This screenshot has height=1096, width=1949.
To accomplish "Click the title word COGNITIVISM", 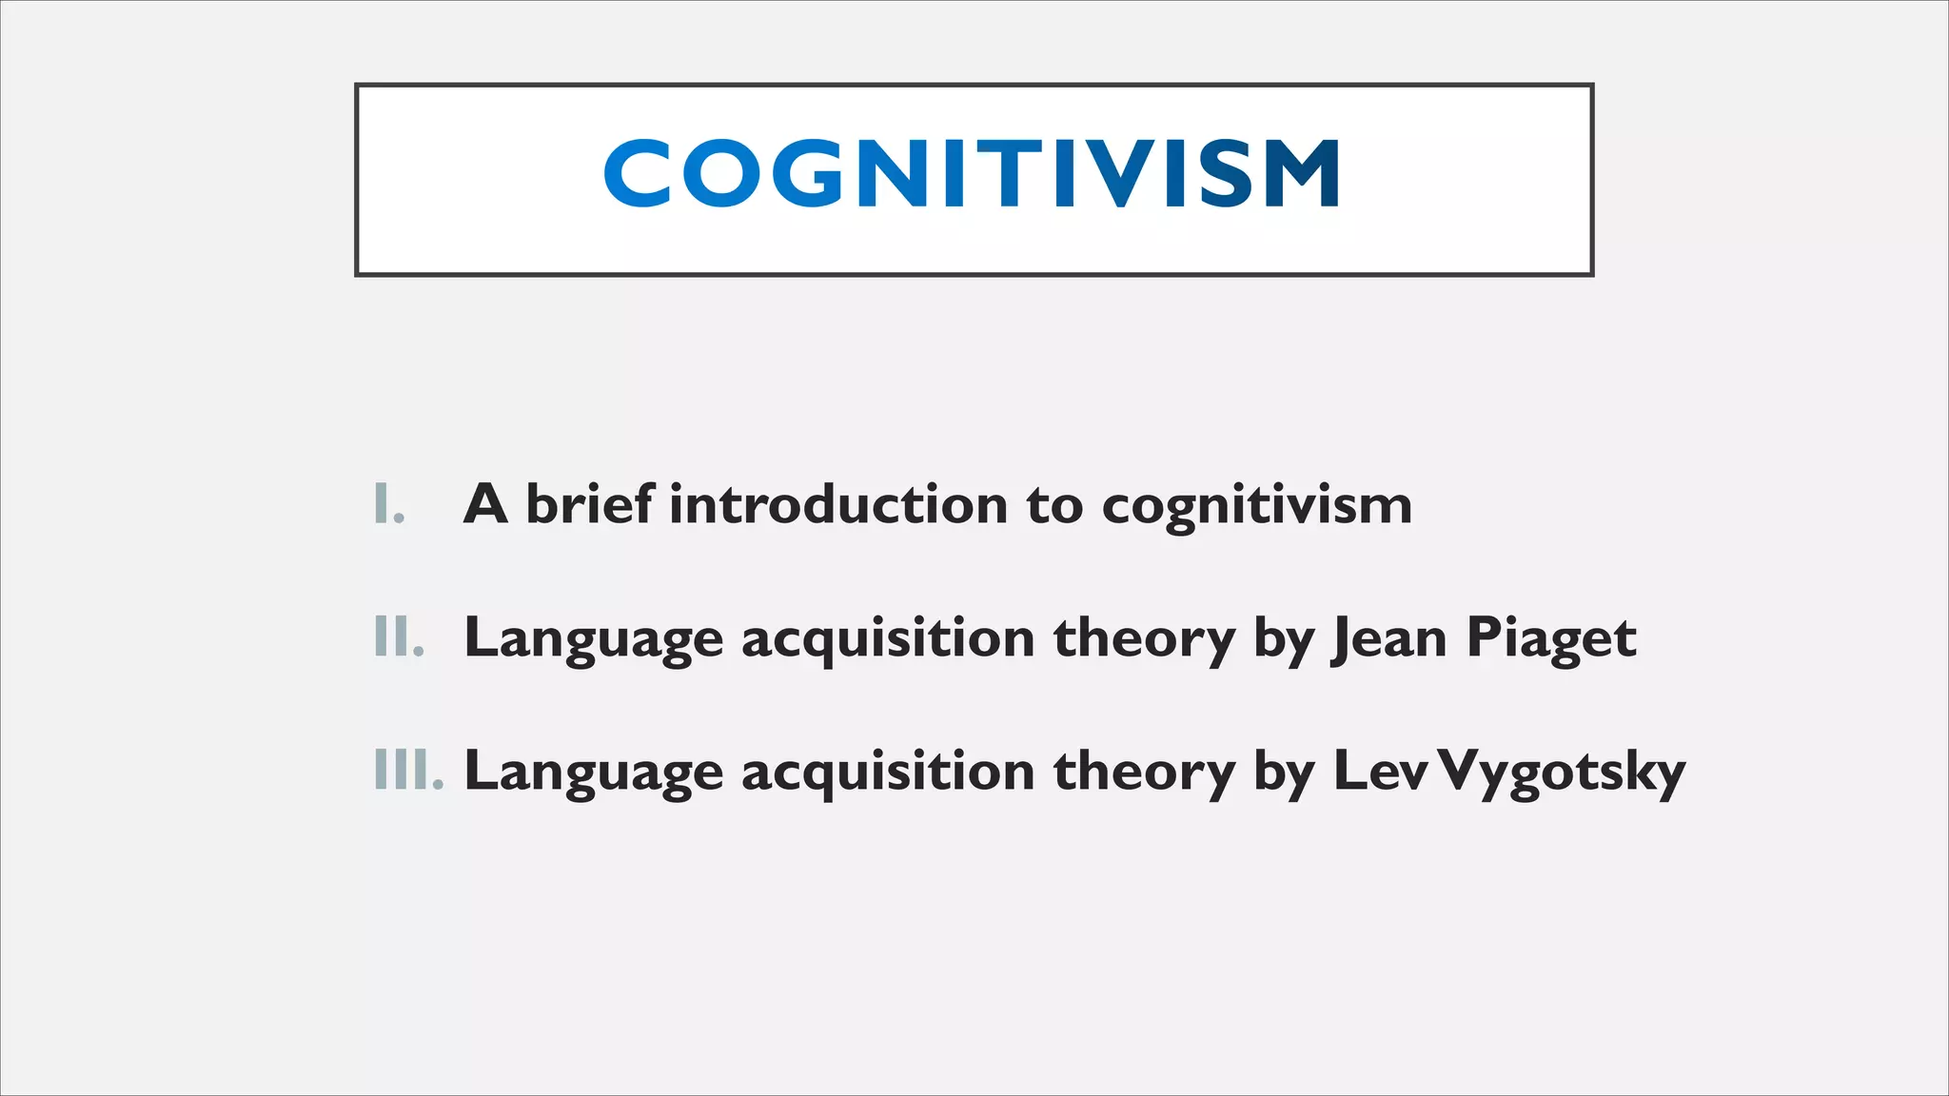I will point(973,173).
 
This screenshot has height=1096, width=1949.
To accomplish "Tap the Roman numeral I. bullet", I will point(389,504).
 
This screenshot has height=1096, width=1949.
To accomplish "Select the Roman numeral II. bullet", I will point(399,637).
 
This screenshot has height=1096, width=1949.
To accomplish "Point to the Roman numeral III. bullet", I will point(408,771).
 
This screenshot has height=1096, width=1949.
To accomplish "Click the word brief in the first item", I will point(590,504).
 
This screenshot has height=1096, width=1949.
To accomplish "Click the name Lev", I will point(1381,771).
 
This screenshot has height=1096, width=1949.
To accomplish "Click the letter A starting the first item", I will point(485,504).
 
